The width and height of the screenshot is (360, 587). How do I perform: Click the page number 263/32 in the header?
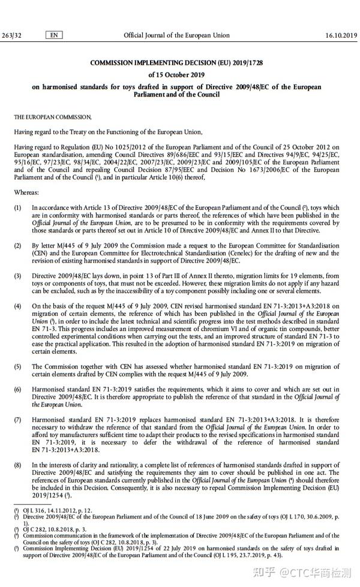point(12,35)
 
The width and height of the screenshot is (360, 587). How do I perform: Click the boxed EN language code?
point(54,35)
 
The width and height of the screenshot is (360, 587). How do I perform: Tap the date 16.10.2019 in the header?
point(341,35)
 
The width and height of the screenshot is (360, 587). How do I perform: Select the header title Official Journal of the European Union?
point(176,35)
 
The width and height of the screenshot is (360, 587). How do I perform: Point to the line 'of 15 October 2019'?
point(176,75)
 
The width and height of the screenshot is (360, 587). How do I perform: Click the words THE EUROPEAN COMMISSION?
point(53,117)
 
